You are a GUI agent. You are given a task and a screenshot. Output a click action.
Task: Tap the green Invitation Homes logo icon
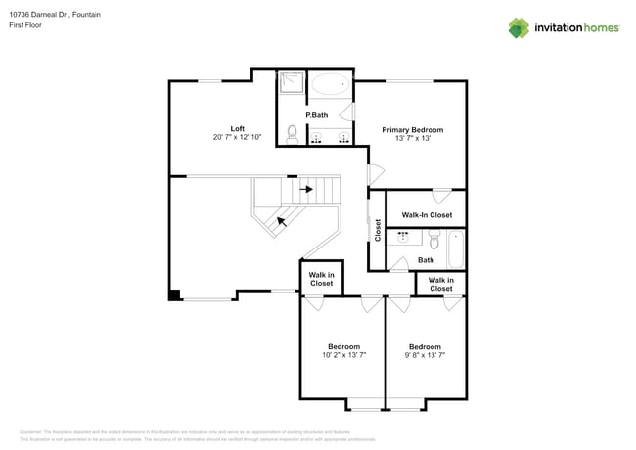pos(519,27)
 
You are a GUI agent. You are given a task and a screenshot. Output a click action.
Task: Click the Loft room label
pos(237,128)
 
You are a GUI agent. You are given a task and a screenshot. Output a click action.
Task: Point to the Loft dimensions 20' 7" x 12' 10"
pos(237,138)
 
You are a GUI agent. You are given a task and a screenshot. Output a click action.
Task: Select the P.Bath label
pos(316,116)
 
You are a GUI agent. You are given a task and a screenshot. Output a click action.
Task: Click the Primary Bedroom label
pos(412,129)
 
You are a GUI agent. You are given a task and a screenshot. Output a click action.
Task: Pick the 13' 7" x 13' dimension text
pos(412,139)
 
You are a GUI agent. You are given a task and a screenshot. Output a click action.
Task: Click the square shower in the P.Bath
pos(292,85)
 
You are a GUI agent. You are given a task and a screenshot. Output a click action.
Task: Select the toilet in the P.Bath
pos(292,132)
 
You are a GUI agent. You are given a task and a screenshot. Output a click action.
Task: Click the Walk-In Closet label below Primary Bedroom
pos(427,214)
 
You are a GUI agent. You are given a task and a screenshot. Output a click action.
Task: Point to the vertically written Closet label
pos(378,230)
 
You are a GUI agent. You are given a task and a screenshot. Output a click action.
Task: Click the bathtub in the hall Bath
pos(456,250)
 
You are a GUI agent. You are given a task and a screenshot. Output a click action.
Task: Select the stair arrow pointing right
pos(307,189)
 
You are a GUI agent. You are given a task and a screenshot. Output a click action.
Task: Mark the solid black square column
pos(174,294)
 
